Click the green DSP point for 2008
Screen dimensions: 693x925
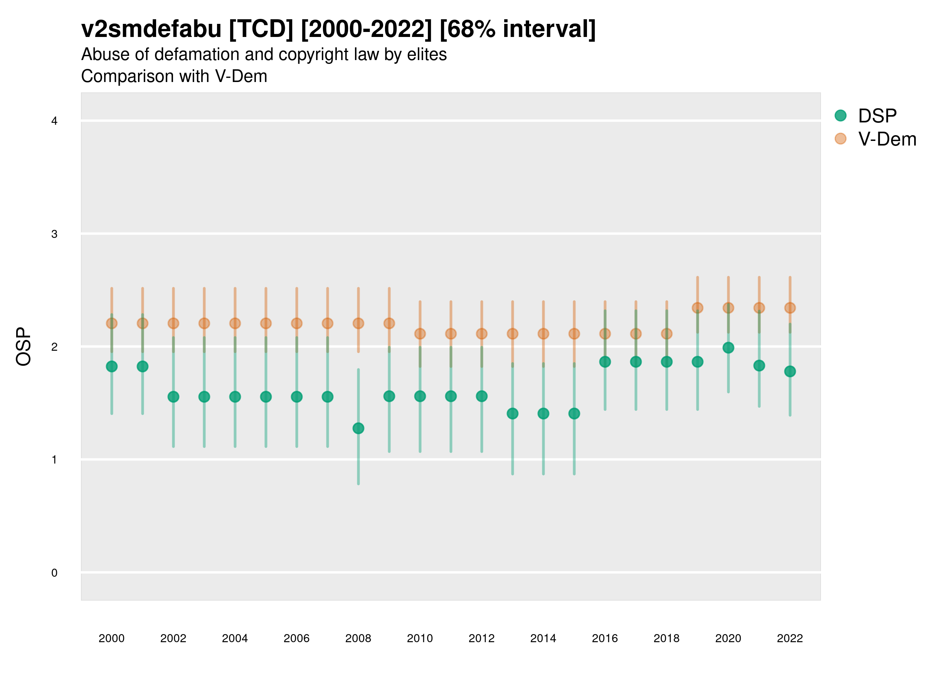358,428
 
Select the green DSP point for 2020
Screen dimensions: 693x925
728,348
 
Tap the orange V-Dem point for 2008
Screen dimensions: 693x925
358,323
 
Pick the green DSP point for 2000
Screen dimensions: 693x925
112,367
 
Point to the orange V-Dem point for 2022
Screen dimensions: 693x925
790,308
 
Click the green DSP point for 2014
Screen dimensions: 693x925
543,413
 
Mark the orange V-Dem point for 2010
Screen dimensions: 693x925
420,334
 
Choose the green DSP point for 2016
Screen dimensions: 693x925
605,362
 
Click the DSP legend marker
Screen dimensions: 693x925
841,116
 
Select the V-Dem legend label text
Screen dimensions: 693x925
887,139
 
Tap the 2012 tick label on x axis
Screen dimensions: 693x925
481,638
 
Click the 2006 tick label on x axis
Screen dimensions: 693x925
296,638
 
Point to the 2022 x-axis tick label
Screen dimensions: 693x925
790,638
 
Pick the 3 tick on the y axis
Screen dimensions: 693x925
54,234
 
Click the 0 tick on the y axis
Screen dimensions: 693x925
54,573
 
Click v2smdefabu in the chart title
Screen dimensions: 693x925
151,29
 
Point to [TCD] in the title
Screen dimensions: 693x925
261,29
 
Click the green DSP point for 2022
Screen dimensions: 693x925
790,372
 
